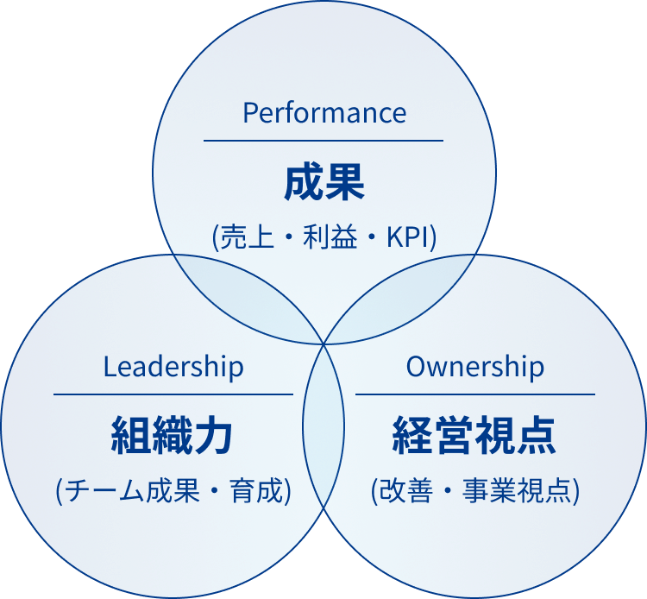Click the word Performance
click(x=323, y=113)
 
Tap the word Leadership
click(x=173, y=367)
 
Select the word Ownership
click(x=474, y=367)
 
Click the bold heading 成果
click(x=323, y=184)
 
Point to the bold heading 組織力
click(x=173, y=436)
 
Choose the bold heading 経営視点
click(x=474, y=436)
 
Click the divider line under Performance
click(x=323, y=140)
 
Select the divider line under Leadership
click(x=173, y=394)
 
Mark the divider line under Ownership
click(x=474, y=394)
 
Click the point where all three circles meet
click(x=324, y=344)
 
